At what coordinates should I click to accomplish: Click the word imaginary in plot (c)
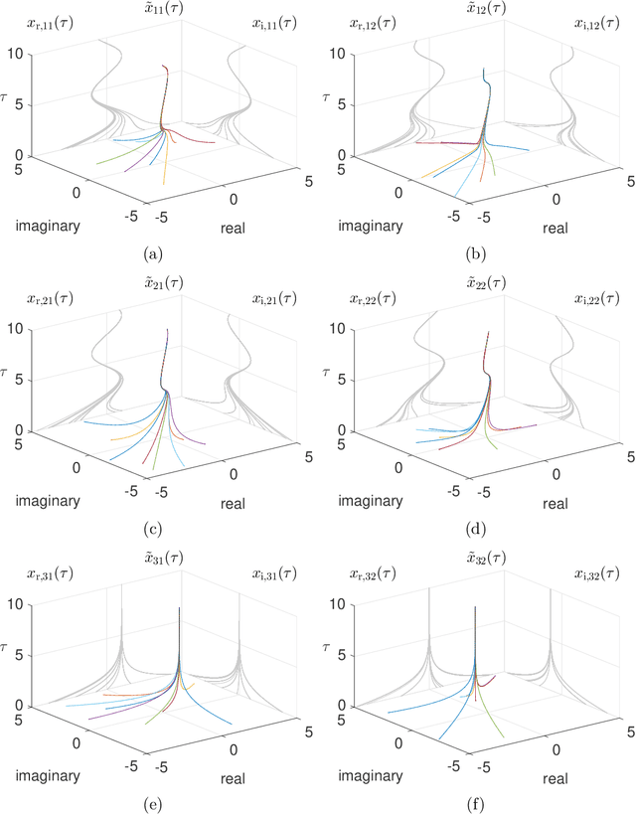tap(48, 500)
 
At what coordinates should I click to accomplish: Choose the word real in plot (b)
tap(556, 229)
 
